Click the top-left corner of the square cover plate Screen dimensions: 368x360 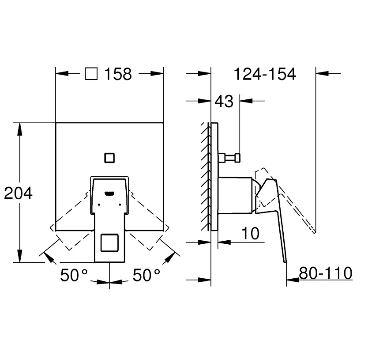point(56,123)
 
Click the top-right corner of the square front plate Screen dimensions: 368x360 point(163,123)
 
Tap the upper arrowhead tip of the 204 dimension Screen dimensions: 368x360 point(20,123)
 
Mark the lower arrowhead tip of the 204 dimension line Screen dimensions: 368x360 point(20,262)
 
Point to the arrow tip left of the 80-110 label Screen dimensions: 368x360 point(286,280)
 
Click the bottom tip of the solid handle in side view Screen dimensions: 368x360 point(285,262)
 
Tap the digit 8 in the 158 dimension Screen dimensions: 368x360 point(127,74)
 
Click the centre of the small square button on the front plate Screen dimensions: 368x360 point(109,158)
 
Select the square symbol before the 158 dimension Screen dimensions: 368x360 point(91,74)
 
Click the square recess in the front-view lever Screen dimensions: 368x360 point(109,243)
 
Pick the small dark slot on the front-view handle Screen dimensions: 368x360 point(109,193)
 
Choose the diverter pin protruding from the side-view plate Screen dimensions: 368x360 point(229,158)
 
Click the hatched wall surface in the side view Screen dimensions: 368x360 point(205,176)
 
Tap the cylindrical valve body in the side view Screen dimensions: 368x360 point(235,196)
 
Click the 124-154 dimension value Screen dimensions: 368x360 point(265,74)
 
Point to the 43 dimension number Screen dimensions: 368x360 point(224,102)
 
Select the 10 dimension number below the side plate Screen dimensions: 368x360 point(251,234)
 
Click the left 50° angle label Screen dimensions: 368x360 point(74,275)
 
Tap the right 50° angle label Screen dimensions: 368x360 point(146,275)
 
